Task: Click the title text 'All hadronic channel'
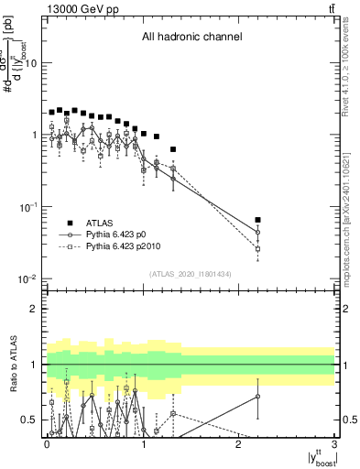pyautogui.click(x=191, y=38)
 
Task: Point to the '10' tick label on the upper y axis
pyautogui.click(x=32, y=63)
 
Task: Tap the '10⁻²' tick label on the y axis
pyautogui.click(x=28, y=279)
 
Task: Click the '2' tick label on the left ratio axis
pyautogui.click(x=37, y=309)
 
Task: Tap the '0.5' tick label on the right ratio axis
pyautogui.click(x=348, y=420)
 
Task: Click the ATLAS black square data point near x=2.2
pyautogui.click(x=258, y=220)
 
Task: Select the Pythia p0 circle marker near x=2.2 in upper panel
pyautogui.click(x=258, y=233)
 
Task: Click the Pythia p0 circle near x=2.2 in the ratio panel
pyautogui.click(x=258, y=397)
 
